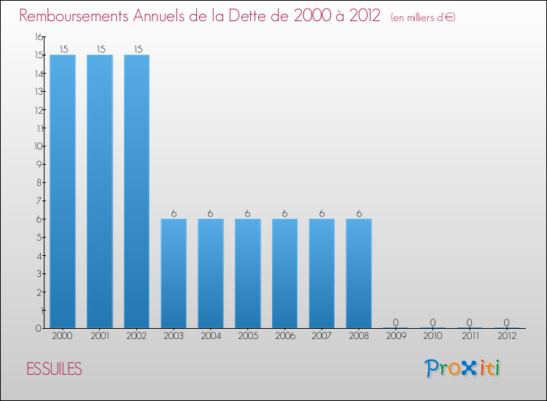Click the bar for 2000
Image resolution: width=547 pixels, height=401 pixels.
click(63, 191)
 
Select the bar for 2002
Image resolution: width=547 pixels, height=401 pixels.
click(137, 191)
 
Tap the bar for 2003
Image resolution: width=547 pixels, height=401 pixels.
click(174, 273)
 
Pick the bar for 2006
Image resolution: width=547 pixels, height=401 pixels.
click(284, 273)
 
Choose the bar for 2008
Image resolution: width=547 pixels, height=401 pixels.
click(359, 273)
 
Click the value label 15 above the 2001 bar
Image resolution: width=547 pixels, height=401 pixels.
click(100, 50)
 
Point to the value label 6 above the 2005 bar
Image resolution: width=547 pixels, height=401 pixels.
click(248, 214)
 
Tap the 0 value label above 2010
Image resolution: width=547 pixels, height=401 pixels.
click(432, 322)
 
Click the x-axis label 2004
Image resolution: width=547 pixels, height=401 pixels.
click(211, 336)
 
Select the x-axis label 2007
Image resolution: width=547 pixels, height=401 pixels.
click(322, 336)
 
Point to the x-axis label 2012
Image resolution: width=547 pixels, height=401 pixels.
click(506, 336)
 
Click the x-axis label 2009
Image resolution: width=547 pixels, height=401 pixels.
click(395, 336)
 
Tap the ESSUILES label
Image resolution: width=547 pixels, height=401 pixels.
click(54, 369)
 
